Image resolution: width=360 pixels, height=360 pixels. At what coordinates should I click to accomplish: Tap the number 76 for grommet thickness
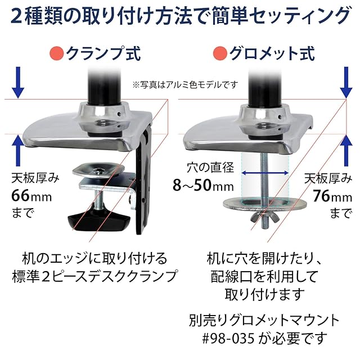click(319, 197)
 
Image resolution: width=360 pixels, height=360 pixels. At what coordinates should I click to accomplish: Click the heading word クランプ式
click(103, 55)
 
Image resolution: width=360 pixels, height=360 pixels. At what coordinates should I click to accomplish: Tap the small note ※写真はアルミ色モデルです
click(185, 84)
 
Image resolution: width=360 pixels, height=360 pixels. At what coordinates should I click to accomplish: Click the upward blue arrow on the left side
click(18, 151)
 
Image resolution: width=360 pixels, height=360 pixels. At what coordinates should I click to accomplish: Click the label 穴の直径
click(210, 167)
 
